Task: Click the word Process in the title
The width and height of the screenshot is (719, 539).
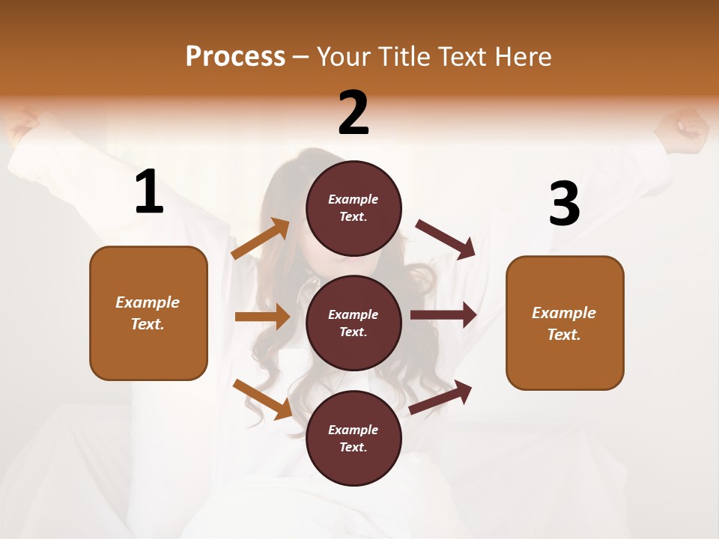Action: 235,56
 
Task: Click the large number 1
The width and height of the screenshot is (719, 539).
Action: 149,192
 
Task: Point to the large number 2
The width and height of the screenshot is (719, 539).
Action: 354,113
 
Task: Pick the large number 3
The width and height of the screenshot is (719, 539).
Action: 564,204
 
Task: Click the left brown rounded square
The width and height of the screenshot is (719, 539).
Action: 148,313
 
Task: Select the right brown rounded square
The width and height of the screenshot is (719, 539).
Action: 565,323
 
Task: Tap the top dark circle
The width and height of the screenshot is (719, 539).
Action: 354,208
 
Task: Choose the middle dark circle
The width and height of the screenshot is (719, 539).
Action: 354,323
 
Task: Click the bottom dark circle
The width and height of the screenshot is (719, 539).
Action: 354,438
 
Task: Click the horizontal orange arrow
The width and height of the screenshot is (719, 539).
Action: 262,317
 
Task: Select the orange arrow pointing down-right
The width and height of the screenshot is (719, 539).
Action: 262,399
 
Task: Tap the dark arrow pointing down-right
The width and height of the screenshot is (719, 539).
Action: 446,239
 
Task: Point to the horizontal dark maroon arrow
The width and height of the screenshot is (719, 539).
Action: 443,315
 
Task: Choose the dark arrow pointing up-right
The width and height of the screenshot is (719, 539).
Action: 441,398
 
